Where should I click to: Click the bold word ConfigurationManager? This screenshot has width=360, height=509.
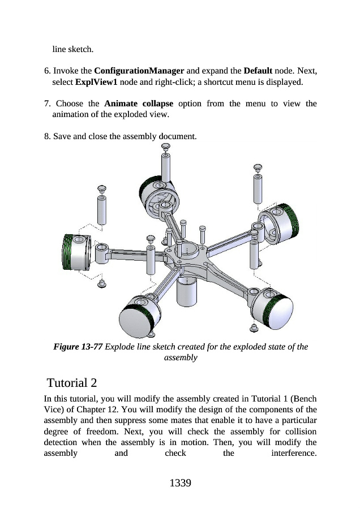139,72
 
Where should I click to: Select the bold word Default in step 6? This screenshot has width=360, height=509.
258,72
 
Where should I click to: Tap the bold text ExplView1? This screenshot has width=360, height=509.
94,82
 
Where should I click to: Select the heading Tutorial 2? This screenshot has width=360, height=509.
74,379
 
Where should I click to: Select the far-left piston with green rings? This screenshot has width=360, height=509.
75,251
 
